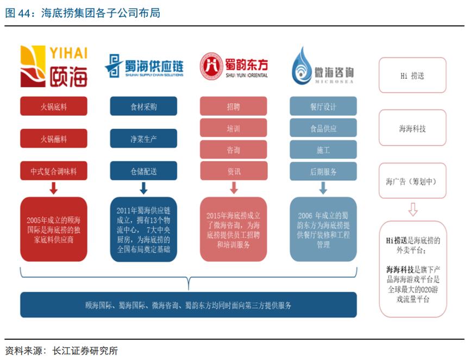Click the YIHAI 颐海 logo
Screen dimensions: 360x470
(53, 67)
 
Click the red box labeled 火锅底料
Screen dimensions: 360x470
(53, 106)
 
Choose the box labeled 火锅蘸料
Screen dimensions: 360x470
(53, 139)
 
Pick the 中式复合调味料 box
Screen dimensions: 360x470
(53, 171)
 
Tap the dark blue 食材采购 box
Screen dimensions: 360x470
(143, 106)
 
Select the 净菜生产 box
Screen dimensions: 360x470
(143, 139)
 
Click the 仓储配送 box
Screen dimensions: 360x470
(143, 171)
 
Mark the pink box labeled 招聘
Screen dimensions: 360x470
(234, 106)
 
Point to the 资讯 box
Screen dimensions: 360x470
(234, 171)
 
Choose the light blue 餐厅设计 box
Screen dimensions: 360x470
(323, 106)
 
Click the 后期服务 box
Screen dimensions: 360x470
(323, 171)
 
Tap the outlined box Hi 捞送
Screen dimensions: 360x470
(412, 76)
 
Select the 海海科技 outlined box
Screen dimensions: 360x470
(412, 128)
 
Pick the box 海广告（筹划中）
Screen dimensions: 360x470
(412, 181)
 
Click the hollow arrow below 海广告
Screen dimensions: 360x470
(412, 209)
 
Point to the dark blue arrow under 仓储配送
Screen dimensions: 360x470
(143, 188)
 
